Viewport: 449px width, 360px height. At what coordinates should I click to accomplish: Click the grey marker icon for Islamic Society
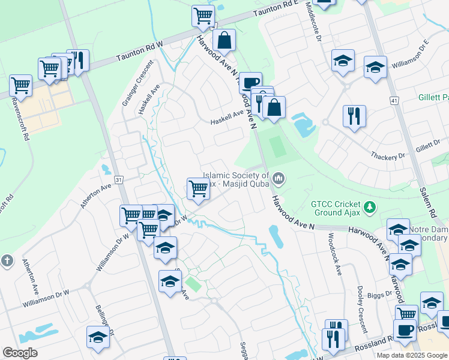point(279,178)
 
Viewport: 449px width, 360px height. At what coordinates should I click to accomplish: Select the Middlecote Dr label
point(314,20)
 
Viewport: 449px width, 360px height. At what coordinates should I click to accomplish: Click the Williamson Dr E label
point(411,53)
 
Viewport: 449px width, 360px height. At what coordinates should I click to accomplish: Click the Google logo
point(20,353)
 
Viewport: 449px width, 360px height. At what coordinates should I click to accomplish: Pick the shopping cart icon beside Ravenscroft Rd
point(21,86)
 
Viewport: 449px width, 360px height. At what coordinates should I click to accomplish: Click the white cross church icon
point(6,261)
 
